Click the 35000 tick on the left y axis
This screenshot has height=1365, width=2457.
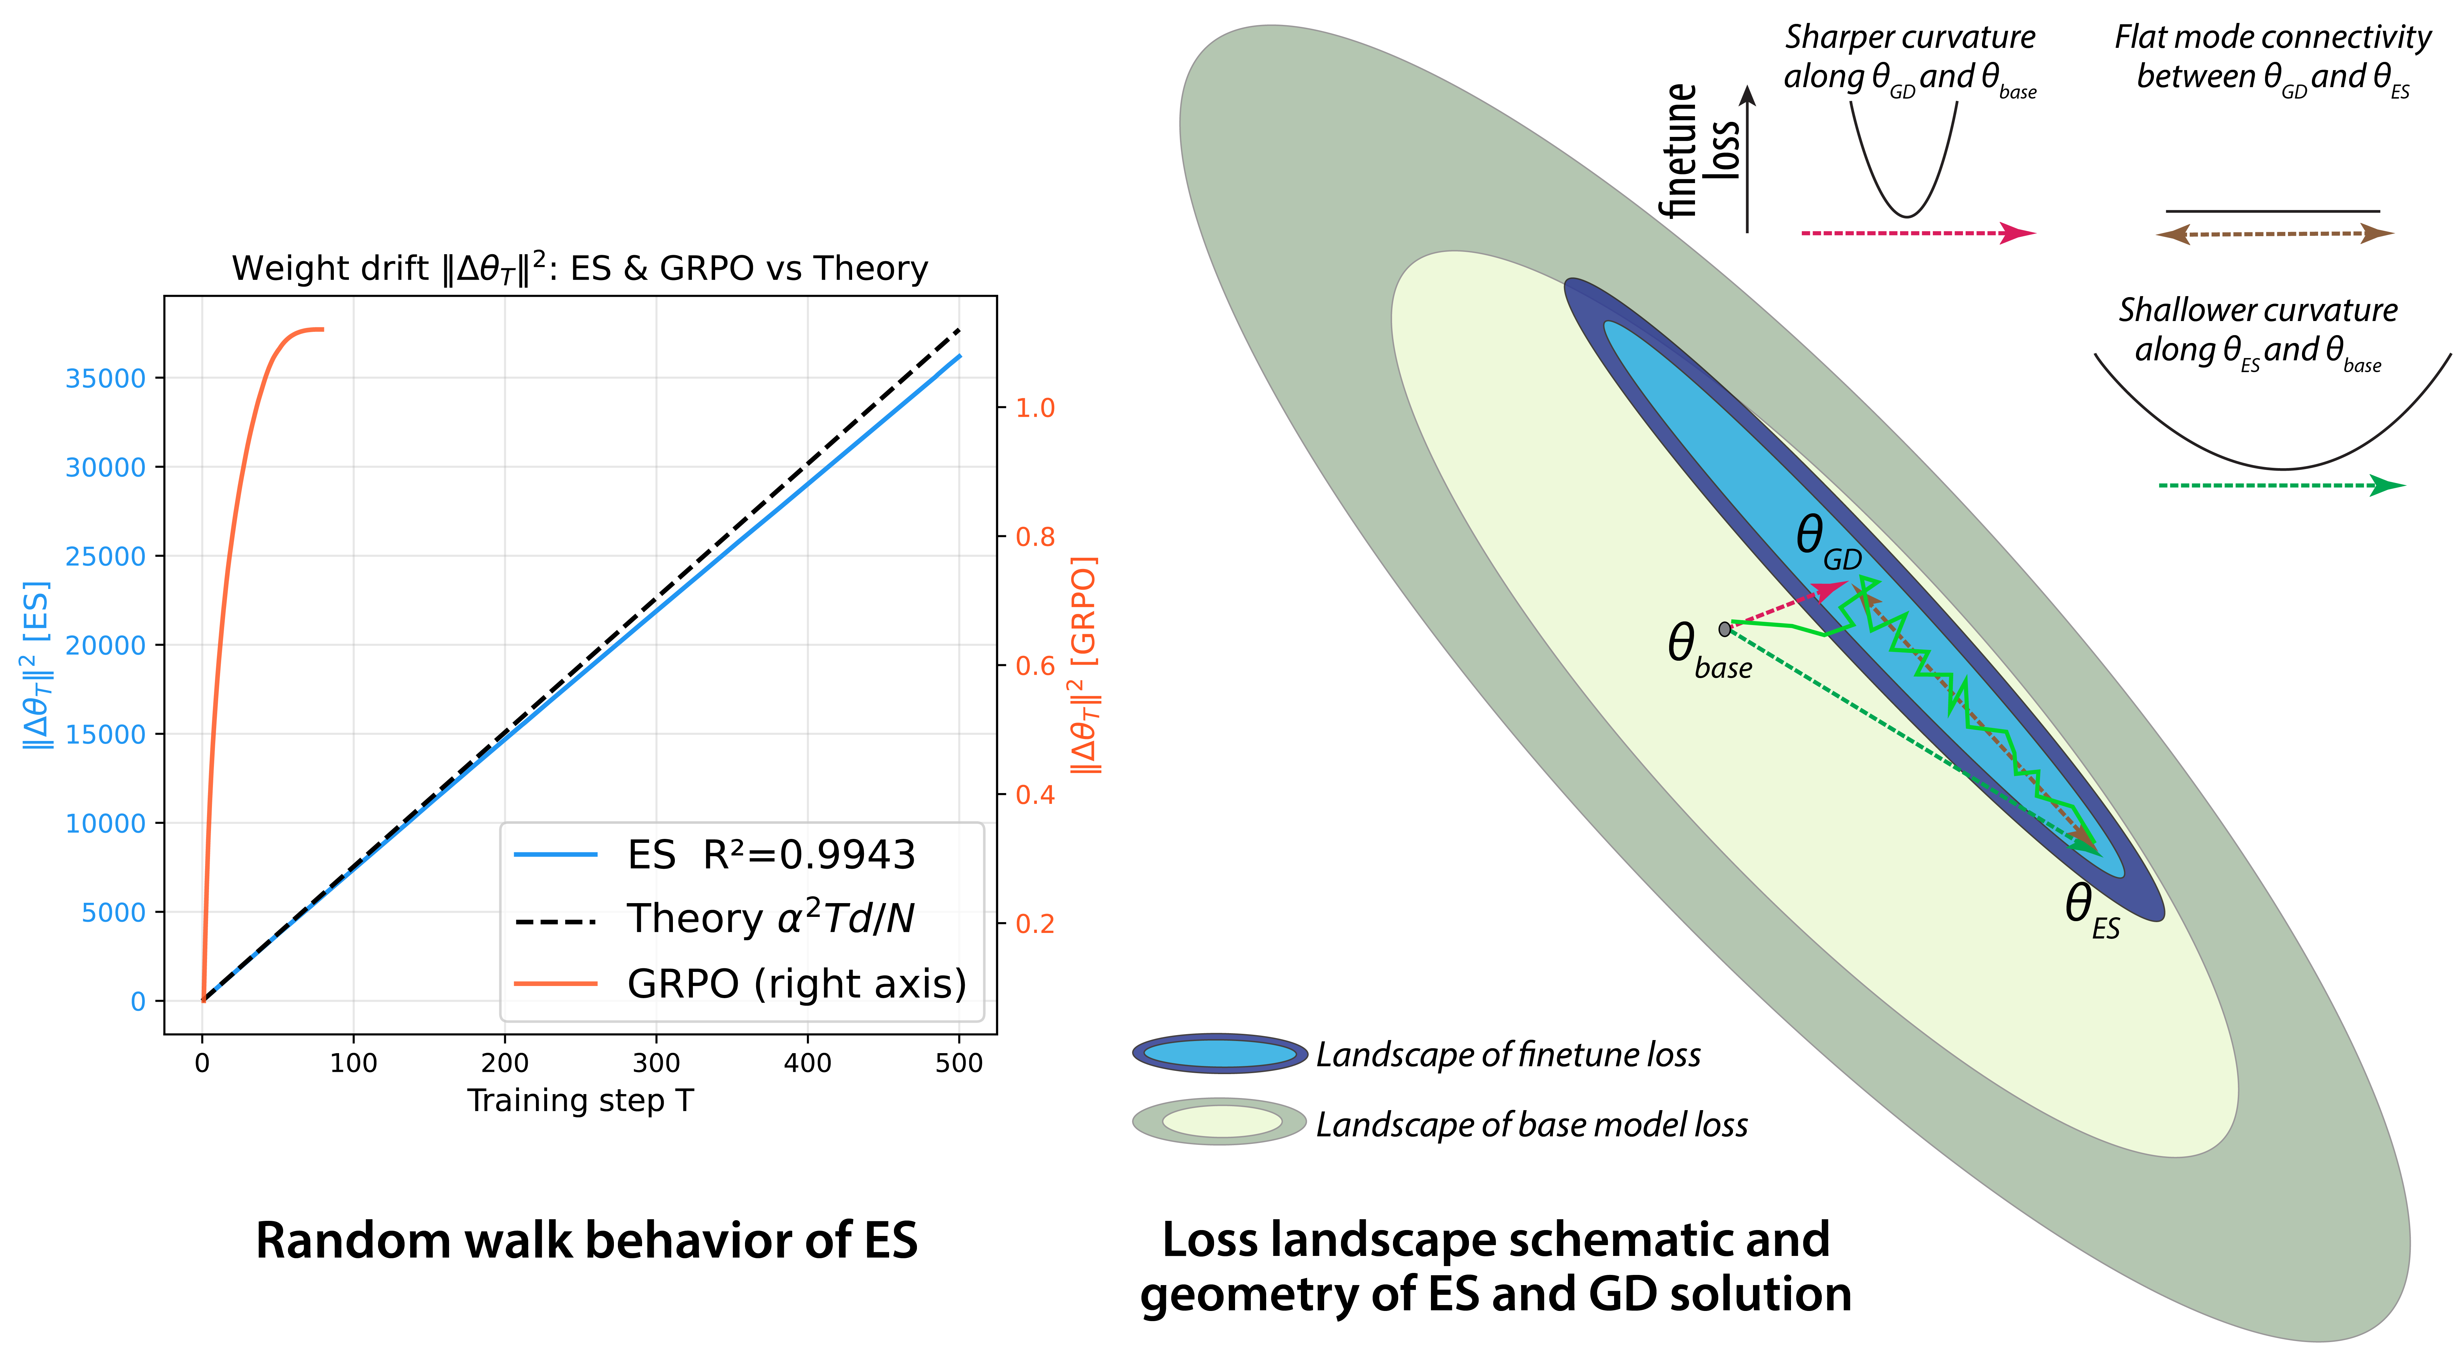point(105,379)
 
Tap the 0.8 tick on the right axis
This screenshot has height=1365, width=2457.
point(1035,537)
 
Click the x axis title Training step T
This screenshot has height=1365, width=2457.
point(580,1101)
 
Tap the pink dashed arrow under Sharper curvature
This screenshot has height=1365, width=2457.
point(1917,233)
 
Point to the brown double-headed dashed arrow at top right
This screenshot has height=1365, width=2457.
point(2275,234)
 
